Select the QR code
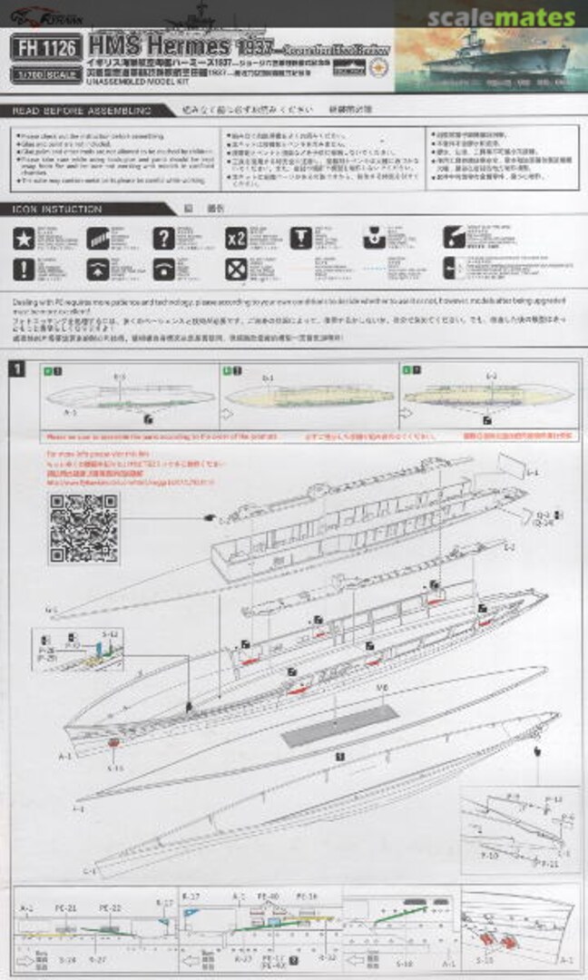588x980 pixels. pos(83,528)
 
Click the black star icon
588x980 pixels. pos(24,239)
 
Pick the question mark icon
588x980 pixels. pos(162,239)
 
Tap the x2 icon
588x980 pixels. pos(236,239)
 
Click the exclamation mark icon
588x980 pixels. pos(24,269)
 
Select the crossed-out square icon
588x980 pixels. pos(236,269)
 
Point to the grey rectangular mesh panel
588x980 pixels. pos(339,725)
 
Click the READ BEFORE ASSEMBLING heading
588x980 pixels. pos(81,110)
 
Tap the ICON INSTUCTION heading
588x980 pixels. pos(57,209)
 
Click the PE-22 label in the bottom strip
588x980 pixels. pos(110,907)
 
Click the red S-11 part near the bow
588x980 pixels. pos(113,743)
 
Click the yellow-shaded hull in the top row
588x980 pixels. pos(309,397)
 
